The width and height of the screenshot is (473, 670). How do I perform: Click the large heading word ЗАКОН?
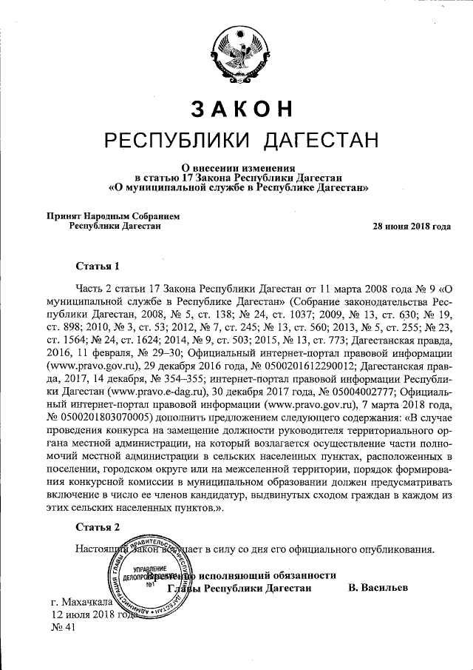(236, 108)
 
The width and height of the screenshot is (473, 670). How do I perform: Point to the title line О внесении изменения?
(236, 167)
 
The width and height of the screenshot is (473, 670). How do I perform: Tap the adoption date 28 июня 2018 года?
(412, 227)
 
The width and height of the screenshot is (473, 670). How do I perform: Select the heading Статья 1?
(98, 265)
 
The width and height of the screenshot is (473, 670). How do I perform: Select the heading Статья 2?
(98, 527)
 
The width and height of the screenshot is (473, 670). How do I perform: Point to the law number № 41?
(64, 628)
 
